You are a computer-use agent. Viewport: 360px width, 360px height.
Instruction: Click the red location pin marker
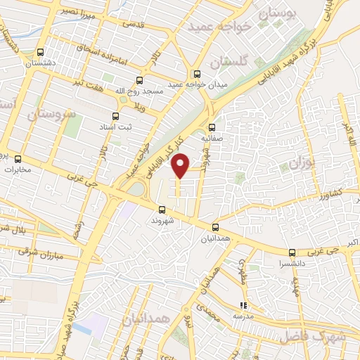tap(181, 165)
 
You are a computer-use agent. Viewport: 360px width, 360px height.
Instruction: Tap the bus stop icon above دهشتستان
tap(40, 52)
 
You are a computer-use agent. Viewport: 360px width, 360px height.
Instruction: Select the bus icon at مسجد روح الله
tap(139, 79)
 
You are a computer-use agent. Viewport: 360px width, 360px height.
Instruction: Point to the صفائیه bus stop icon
tap(212, 127)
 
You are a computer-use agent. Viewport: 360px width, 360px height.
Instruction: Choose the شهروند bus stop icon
tap(162, 210)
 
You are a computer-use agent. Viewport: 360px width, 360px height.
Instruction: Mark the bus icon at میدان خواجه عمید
tap(197, 75)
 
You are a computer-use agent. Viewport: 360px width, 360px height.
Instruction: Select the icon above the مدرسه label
tap(243, 306)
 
